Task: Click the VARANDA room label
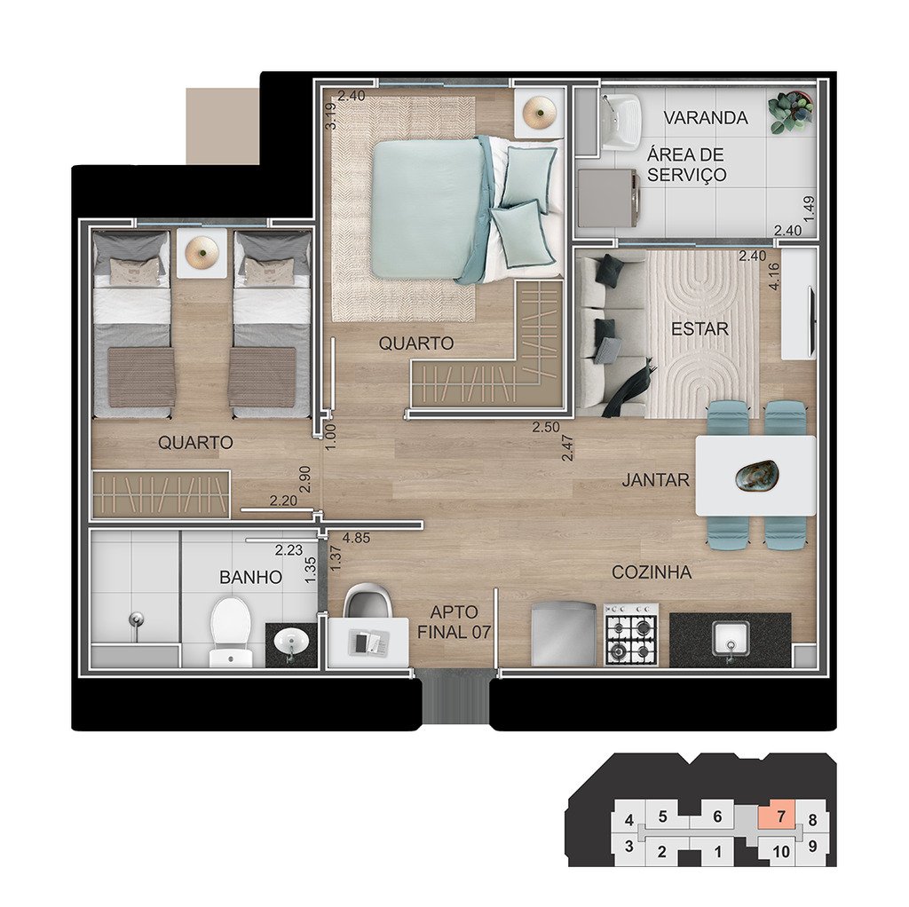point(705,118)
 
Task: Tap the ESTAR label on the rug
point(700,329)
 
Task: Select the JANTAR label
point(656,480)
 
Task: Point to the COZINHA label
point(652,572)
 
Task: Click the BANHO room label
point(250,577)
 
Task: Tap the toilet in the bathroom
point(231,632)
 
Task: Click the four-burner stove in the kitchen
point(631,635)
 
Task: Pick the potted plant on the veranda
point(790,113)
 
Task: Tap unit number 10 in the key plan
point(781,851)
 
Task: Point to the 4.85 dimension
point(356,538)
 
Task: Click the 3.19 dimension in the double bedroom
point(330,116)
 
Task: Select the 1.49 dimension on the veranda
point(810,209)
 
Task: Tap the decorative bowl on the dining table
point(756,476)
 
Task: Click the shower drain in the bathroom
point(136,619)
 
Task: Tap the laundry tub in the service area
point(620,122)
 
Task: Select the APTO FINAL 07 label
point(454,622)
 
